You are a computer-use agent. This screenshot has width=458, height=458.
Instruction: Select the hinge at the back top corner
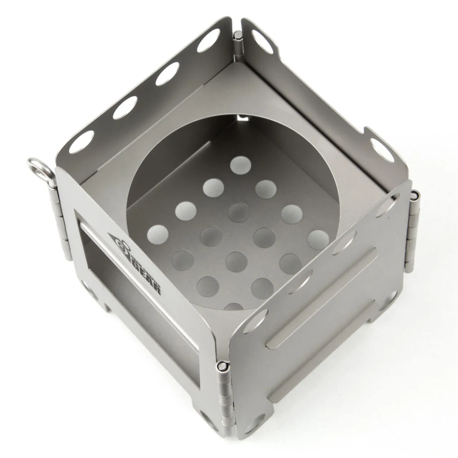click(238, 47)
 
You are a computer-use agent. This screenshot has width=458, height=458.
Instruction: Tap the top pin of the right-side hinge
click(415, 195)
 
